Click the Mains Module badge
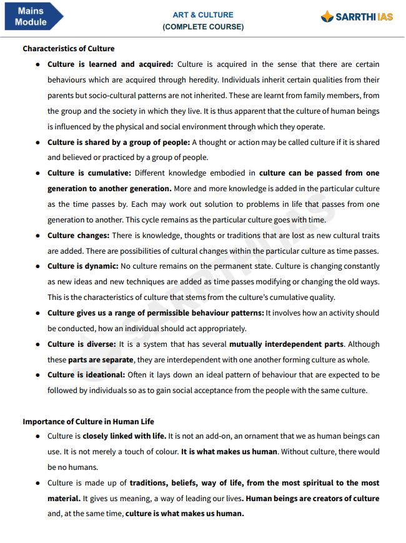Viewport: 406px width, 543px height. tap(31, 16)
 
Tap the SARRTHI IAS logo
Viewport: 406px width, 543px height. tap(357, 17)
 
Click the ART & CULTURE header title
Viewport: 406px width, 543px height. tap(203, 14)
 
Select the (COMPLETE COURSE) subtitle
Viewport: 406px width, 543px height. tap(203, 27)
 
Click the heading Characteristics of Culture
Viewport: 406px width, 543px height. tap(69, 48)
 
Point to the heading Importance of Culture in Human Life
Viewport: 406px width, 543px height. tap(88, 421)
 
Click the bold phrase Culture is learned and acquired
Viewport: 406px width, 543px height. tap(110, 64)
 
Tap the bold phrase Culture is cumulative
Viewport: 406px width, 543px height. tap(89, 173)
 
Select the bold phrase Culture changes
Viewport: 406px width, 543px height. tap(78, 236)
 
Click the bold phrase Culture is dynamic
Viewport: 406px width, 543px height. tap(83, 266)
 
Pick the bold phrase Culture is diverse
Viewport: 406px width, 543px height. tap(82, 344)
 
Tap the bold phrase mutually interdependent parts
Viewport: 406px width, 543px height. tap(286, 344)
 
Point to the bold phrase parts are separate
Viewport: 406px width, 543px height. tap(101, 360)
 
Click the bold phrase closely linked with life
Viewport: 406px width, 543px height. tap(123, 436)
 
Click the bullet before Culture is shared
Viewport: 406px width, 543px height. tap(39, 142)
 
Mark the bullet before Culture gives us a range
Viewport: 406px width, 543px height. tap(39, 313)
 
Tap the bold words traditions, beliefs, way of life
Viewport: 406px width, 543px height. tap(186, 483)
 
